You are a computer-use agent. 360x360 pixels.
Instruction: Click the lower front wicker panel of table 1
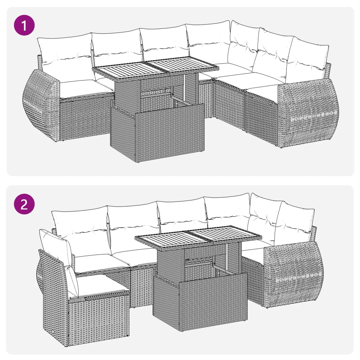point(158,135)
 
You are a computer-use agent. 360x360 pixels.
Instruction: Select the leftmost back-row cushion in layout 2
point(81,229)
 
